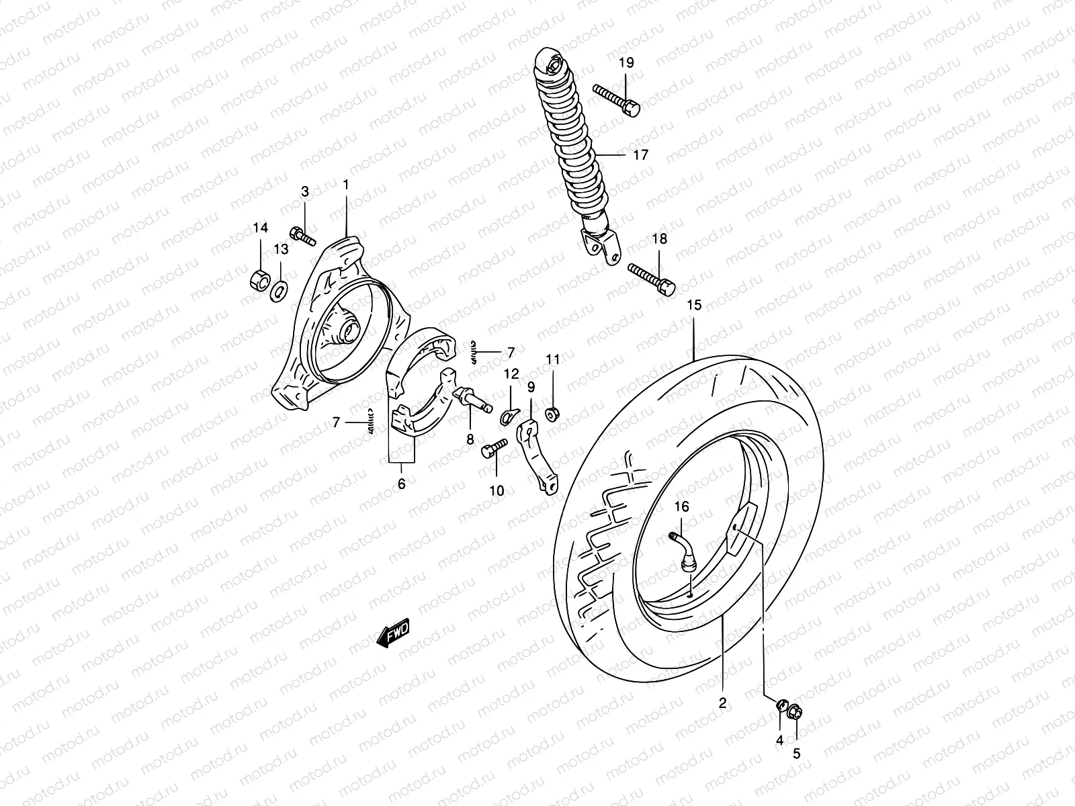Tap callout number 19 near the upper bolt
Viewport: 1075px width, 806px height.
pyautogui.click(x=626, y=63)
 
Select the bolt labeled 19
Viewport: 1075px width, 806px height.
pyautogui.click(x=617, y=98)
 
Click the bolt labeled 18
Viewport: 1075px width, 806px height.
pyautogui.click(x=652, y=278)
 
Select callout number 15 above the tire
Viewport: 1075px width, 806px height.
pyautogui.click(x=694, y=306)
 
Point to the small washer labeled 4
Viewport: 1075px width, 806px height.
pyautogui.click(x=781, y=706)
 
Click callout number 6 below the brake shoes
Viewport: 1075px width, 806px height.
pyautogui.click(x=401, y=484)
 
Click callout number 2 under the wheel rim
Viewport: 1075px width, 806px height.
pyautogui.click(x=722, y=704)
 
